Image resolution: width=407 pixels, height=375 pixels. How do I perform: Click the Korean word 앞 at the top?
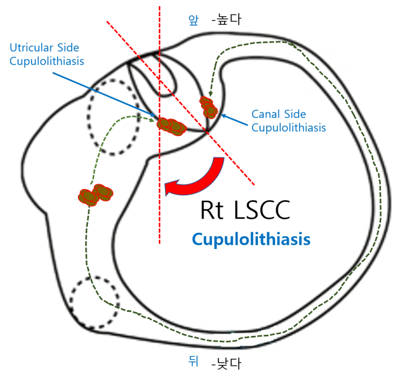click(x=194, y=20)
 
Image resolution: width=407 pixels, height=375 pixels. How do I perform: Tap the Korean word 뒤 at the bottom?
click(x=193, y=362)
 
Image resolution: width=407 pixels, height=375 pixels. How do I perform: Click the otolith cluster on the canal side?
click(x=208, y=107)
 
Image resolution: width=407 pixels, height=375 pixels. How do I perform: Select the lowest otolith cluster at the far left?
click(x=96, y=194)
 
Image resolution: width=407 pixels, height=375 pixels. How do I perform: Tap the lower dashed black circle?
click(x=94, y=304)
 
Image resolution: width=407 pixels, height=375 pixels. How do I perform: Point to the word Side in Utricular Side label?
click(x=67, y=48)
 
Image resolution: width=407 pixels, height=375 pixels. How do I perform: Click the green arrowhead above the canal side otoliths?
click(x=210, y=93)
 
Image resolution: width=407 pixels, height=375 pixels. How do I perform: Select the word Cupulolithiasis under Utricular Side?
click(x=47, y=60)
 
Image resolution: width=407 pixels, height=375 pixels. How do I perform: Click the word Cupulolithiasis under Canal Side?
click(x=288, y=128)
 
